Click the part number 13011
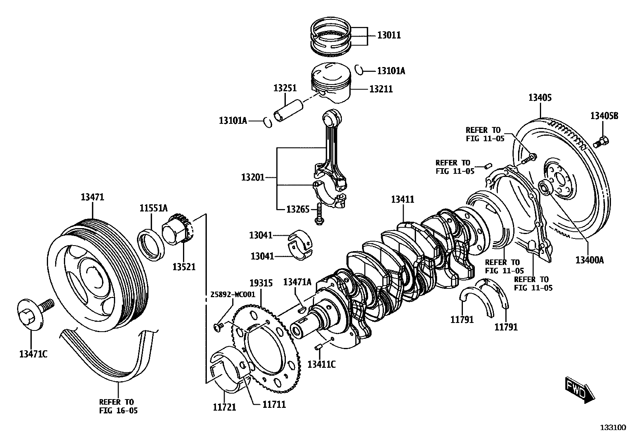(389, 35)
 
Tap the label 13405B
(604, 116)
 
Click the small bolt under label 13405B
(601, 142)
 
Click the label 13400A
(590, 260)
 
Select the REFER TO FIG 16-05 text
(118, 406)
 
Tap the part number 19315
(261, 283)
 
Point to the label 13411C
(322, 364)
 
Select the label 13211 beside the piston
(381, 89)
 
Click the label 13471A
(297, 282)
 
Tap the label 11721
(224, 407)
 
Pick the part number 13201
(252, 177)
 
